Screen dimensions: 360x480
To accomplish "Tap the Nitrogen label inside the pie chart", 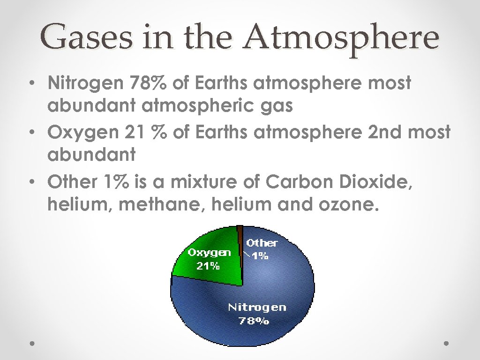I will pos(257,308).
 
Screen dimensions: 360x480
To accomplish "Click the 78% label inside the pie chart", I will pos(254,322).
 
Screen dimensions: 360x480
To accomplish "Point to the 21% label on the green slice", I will pos(208,266).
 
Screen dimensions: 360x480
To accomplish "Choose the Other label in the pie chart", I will pos(262,243).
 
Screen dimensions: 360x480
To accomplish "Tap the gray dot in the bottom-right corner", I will pos(447,344).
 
